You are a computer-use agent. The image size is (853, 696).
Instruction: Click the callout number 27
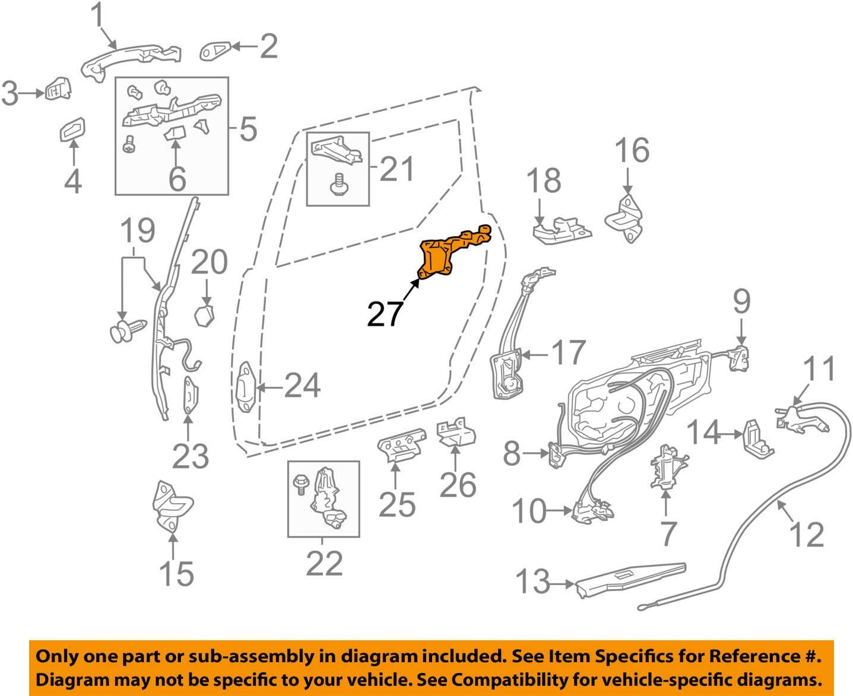click(x=385, y=314)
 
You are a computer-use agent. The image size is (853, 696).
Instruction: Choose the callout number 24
click(x=303, y=386)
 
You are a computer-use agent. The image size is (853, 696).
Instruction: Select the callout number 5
click(x=248, y=128)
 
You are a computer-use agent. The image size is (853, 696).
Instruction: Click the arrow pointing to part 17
click(x=531, y=355)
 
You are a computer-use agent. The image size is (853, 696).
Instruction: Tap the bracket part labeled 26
click(x=456, y=433)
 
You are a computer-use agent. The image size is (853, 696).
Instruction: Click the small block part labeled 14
click(x=757, y=438)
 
